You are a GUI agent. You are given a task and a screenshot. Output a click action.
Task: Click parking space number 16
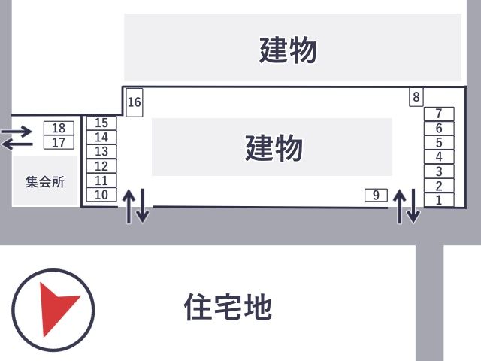tap(134, 102)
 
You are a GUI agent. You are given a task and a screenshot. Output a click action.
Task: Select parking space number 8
tap(416, 97)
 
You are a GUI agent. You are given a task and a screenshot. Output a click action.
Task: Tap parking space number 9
tap(375, 195)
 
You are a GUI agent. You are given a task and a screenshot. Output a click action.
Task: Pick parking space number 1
tap(439, 200)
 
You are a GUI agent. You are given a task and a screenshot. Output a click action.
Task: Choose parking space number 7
tap(439, 114)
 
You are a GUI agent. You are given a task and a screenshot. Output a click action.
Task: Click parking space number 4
tap(439, 157)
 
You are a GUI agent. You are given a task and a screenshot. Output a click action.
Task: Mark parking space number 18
tap(59, 129)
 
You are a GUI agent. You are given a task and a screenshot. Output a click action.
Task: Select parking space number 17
tap(59, 142)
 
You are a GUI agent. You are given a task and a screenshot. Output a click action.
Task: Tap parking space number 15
tap(101, 123)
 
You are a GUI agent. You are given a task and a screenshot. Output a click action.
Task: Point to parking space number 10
tap(101, 196)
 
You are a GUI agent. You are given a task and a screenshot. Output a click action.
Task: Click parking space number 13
tap(101, 152)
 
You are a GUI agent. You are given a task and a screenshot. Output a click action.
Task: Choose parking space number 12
tap(101, 166)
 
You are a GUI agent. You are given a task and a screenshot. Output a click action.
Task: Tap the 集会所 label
tap(45, 182)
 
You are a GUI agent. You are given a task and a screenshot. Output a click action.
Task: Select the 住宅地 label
tap(228, 307)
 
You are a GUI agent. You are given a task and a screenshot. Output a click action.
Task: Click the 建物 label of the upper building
tap(289, 51)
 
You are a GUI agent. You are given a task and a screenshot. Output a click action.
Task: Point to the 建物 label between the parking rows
tap(274, 147)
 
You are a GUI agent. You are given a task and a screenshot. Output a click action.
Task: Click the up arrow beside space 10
tap(129, 205)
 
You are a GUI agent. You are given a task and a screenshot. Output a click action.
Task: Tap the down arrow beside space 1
tap(413, 207)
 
